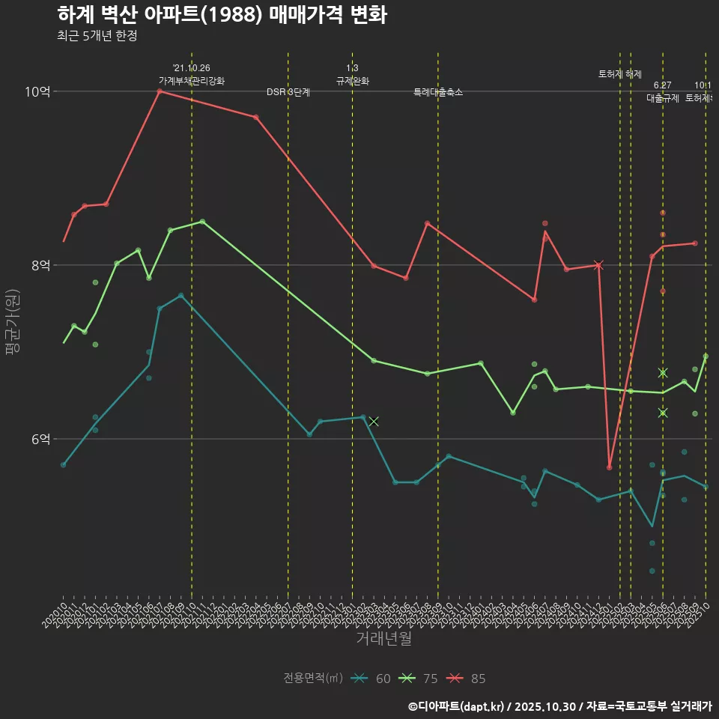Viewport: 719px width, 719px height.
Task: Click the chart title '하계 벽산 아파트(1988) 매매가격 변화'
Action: click(x=222, y=15)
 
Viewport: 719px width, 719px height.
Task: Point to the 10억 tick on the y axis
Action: click(x=37, y=91)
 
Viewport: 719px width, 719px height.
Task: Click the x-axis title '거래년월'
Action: click(x=383, y=639)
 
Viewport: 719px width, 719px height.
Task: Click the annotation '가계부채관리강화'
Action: click(x=191, y=81)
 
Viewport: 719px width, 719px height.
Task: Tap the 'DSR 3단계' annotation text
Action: click(x=288, y=92)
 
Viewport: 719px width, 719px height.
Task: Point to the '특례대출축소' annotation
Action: click(x=438, y=92)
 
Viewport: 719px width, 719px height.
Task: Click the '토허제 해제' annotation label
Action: click(x=620, y=74)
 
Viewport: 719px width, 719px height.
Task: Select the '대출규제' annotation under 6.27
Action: click(x=663, y=98)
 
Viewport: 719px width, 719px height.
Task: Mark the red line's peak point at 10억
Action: click(x=160, y=91)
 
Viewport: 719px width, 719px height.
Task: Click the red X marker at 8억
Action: click(x=598, y=264)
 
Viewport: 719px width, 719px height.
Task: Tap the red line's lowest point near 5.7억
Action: click(x=610, y=467)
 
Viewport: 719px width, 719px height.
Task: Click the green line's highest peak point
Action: click(x=202, y=222)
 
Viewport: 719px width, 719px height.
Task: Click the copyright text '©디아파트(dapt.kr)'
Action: click(x=457, y=706)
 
